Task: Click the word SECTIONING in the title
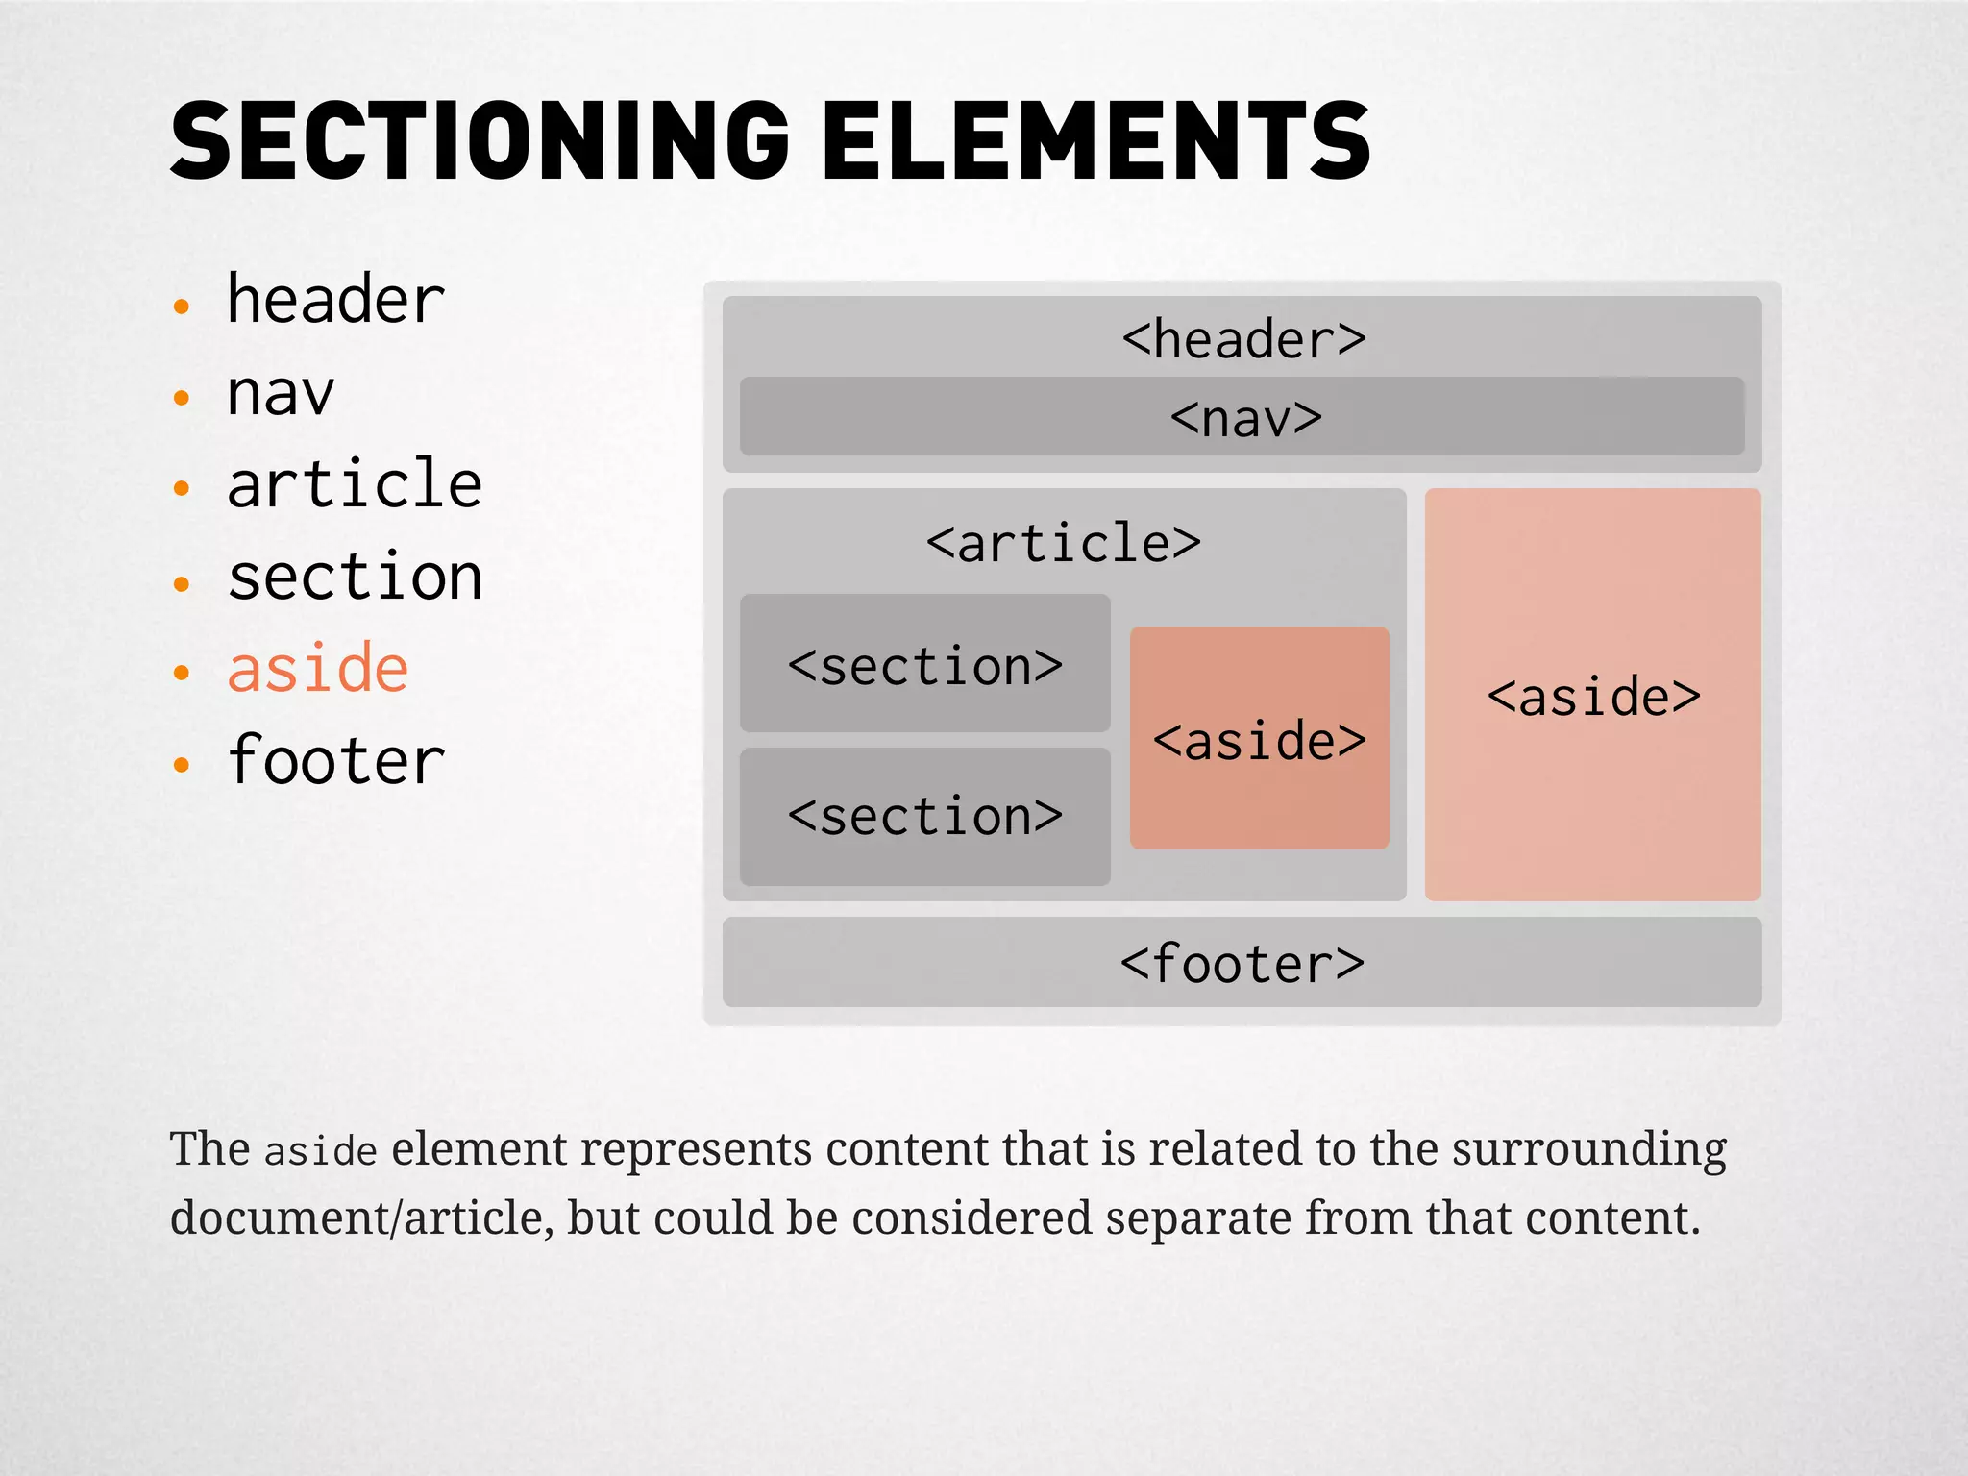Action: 479,142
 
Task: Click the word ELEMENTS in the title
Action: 1095,142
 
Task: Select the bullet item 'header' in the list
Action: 335,301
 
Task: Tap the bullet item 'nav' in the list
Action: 280,394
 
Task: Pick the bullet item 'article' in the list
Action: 354,484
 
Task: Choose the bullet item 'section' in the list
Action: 354,578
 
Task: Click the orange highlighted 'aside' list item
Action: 318,669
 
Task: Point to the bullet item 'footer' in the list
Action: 335,761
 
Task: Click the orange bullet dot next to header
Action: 182,307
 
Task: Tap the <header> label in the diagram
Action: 1243,340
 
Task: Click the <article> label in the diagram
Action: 1063,544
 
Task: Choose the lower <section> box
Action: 924,817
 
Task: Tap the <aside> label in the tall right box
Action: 1593,697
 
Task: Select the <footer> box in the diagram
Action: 1242,963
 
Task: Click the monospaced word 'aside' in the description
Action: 321,1151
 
